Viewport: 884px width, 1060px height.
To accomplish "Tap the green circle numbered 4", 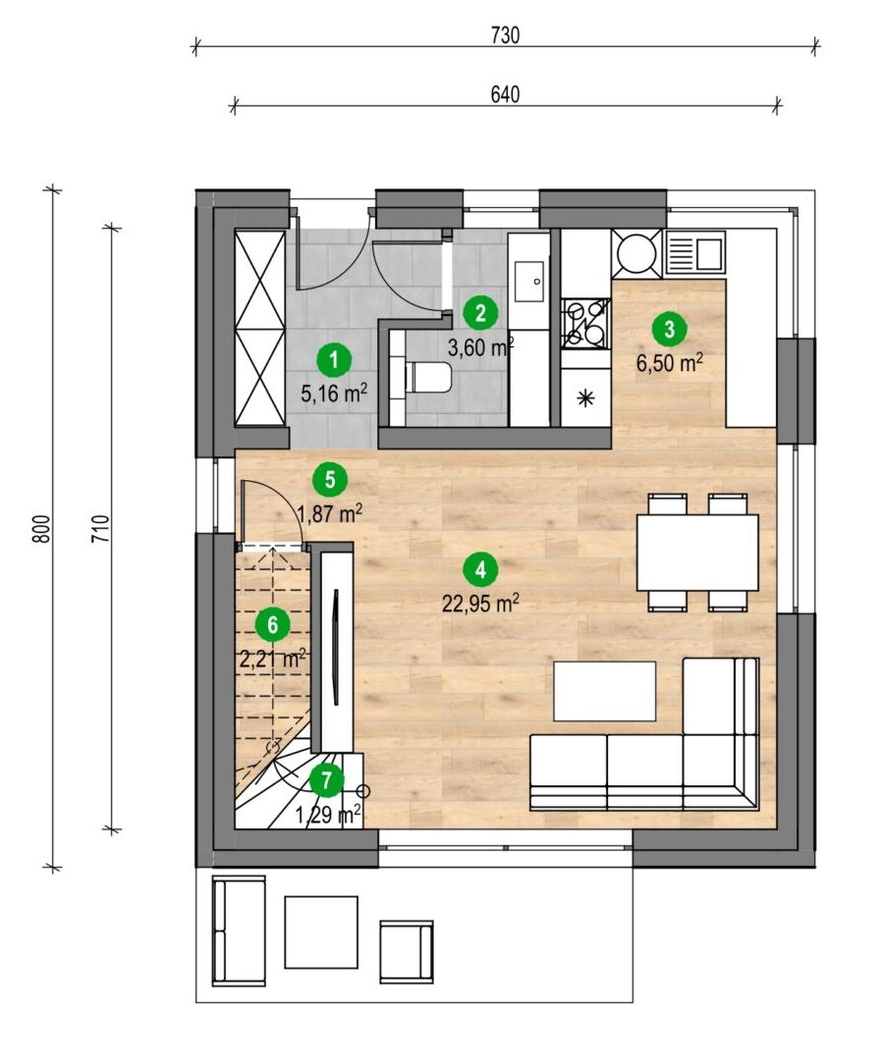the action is (480, 569).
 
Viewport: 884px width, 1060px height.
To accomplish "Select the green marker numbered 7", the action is (327, 781).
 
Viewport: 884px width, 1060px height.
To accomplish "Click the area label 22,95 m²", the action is (481, 604).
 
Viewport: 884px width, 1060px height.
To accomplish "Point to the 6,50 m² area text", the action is (670, 363).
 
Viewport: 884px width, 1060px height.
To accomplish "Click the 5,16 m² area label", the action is (334, 394).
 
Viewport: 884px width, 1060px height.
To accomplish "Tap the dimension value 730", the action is (505, 35).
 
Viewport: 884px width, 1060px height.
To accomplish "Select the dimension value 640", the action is (505, 94).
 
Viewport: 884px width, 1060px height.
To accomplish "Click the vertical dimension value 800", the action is (42, 529).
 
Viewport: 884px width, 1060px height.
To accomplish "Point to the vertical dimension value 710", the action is (101, 529).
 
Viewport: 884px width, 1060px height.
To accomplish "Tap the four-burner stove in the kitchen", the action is (585, 323).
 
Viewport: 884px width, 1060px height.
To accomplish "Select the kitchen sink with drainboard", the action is (694, 252).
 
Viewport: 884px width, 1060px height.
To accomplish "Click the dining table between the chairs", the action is (697, 553).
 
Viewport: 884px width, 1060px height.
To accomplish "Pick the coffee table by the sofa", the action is (605, 691).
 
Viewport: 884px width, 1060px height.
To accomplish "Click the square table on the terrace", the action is (321, 932).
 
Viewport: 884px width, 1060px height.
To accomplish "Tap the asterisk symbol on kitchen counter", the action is (584, 398).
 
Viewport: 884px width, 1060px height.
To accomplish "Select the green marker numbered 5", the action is (330, 479).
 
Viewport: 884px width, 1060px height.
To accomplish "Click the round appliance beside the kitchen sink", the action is (636, 253).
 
